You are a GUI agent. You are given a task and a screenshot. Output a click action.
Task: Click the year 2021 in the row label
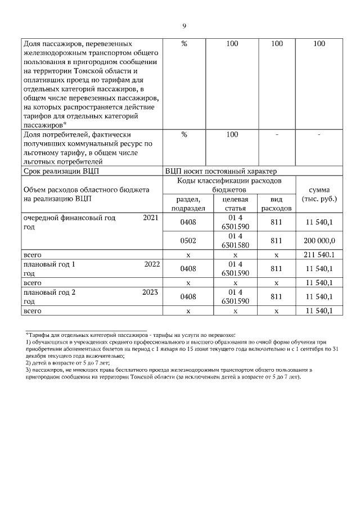151,218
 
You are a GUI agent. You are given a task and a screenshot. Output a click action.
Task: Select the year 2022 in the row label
151,264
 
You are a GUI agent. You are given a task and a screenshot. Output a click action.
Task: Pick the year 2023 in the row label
151,292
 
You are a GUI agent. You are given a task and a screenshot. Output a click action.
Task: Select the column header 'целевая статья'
235,204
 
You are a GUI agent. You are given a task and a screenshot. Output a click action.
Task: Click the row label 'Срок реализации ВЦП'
57,172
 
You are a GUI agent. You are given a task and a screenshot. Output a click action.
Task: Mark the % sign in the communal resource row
184,135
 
